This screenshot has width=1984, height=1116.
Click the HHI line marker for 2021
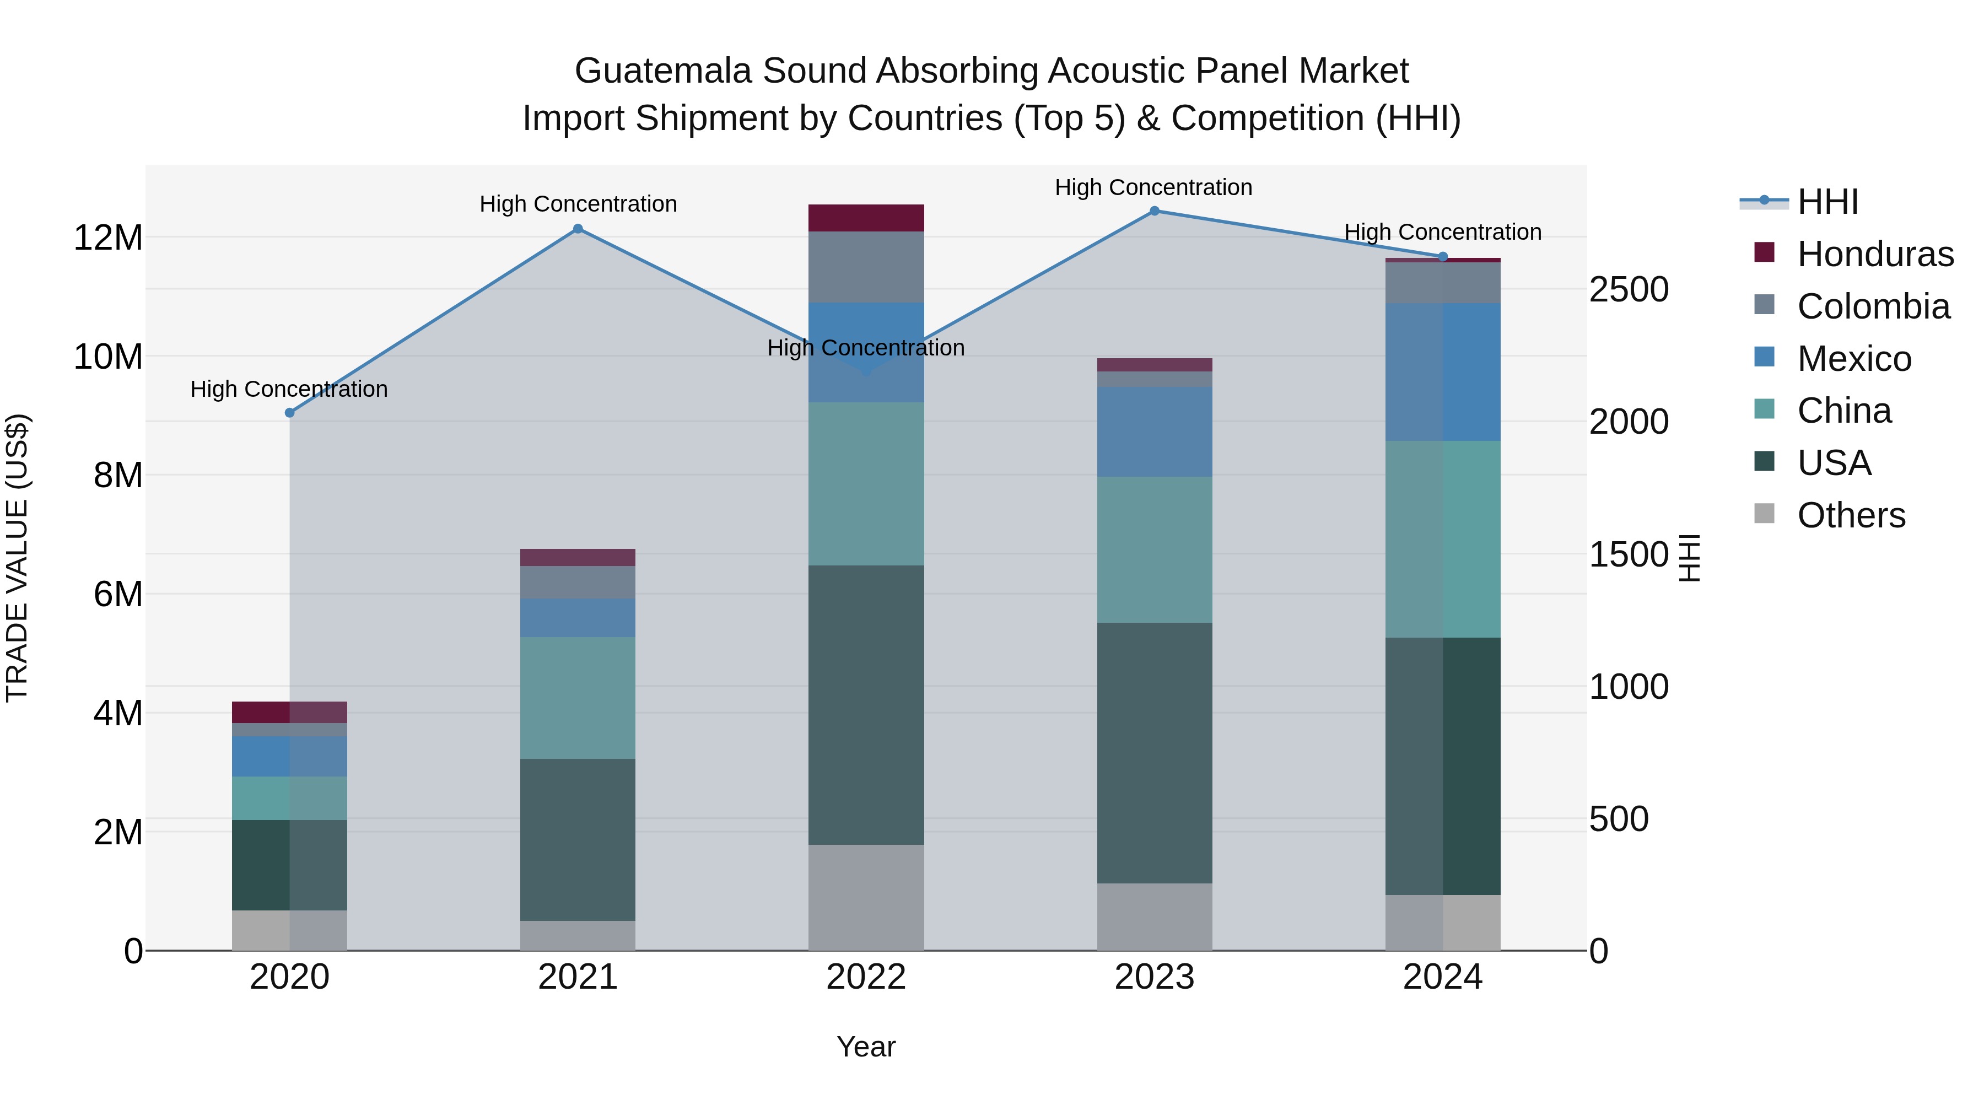pyautogui.click(x=578, y=229)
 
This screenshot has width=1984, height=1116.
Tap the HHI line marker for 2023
pyautogui.click(x=1153, y=211)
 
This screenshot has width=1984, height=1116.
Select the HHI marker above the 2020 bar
pyautogui.click(x=289, y=413)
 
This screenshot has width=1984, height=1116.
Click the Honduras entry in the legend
pyautogui.click(x=1875, y=254)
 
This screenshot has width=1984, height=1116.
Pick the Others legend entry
pyautogui.click(x=1850, y=515)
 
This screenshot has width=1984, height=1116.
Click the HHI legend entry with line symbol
pyautogui.click(x=1827, y=202)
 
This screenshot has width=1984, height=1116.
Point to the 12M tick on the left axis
pyautogui.click(x=108, y=238)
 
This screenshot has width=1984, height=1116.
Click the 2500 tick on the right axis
pyautogui.click(x=1628, y=290)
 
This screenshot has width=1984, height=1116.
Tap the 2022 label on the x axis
pyautogui.click(x=866, y=977)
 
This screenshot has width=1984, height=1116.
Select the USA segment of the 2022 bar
pyautogui.click(x=866, y=705)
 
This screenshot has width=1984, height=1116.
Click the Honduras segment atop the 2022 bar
pyautogui.click(x=866, y=218)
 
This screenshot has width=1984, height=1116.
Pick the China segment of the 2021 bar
pyautogui.click(x=578, y=698)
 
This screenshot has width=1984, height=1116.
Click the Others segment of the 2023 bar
pyautogui.click(x=1153, y=916)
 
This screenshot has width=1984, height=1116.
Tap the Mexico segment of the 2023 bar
pyautogui.click(x=1153, y=432)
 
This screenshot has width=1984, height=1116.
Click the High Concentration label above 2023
pyautogui.click(x=1153, y=188)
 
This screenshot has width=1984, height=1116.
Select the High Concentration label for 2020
pyautogui.click(x=289, y=390)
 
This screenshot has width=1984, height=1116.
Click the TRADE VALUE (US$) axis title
pyautogui.click(x=17, y=558)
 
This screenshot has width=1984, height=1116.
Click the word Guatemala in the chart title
pyautogui.click(x=663, y=72)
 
